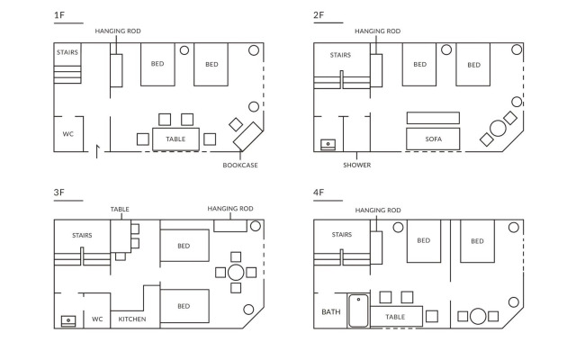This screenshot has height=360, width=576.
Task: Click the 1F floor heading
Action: pyautogui.click(x=59, y=15)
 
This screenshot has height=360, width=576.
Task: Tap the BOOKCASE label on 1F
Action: pyautogui.click(x=240, y=166)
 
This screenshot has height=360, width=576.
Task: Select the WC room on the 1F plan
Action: pyautogui.click(x=68, y=134)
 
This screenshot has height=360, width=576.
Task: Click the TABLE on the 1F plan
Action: pyautogui.click(x=175, y=139)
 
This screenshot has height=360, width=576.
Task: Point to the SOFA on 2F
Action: pyautogui.click(x=433, y=139)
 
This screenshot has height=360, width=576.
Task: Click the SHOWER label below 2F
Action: pyautogui.click(x=357, y=166)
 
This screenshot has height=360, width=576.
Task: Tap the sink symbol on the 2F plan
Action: pyautogui.click(x=328, y=144)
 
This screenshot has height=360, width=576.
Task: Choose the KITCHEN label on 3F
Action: pyautogui.click(x=132, y=319)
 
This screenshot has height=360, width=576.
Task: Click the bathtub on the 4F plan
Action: pyautogui.click(x=358, y=310)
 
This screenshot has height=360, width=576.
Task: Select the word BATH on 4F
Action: pyautogui.click(x=331, y=312)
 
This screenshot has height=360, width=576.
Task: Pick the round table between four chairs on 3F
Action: pyautogui.click(x=236, y=273)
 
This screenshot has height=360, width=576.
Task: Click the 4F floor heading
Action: pyautogui.click(x=319, y=192)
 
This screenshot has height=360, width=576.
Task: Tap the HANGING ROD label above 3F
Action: pyautogui.click(x=230, y=209)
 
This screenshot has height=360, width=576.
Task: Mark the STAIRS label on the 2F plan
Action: pyautogui.click(x=340, y=55)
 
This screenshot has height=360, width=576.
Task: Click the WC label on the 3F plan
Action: pyautogui.click(x=97, y=319)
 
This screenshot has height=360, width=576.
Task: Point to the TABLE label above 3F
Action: pyautogui.click(x=120, y=210)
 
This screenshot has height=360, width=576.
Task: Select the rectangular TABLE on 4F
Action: pyautogui.click(x=396, y=316)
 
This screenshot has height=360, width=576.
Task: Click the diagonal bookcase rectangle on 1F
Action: pyautogui.click(x=248, y=136)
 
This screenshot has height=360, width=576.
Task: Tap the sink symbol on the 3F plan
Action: pyautogui.click(x=68, y=321)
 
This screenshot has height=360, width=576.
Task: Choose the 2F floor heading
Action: pyautogui.click(x=319, y=15)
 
